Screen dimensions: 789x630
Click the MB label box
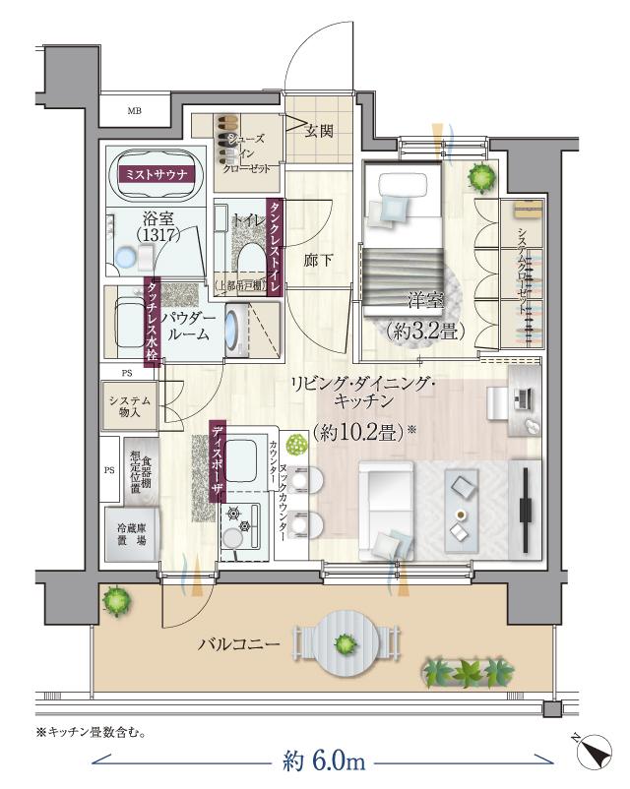point(135,110)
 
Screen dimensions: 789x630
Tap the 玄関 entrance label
point(318,131)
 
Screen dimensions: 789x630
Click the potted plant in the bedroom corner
point(481,179)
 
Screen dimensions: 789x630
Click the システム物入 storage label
point(130,402)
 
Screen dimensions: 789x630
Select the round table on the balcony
point(345,644)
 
